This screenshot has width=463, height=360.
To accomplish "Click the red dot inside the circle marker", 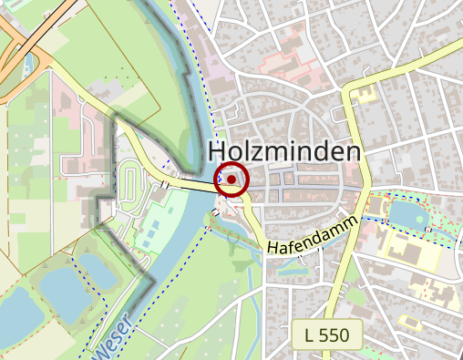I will tap(231, 180).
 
